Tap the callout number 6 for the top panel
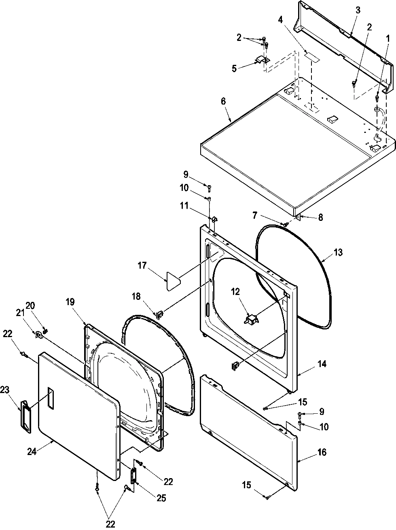point(223,101)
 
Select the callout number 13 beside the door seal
point(338,252)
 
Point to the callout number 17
point(142,266)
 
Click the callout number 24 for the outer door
point(32,451)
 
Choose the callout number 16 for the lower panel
point(322,452)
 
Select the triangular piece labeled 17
point(172,280)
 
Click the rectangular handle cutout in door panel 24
point(50,396)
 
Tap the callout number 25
point(161,498)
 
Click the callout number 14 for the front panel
point(322,364)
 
